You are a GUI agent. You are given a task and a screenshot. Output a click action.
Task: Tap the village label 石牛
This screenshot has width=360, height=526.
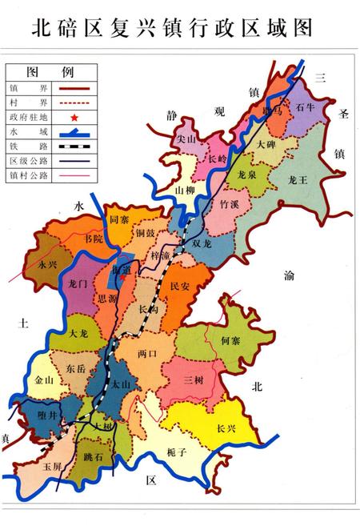click(306, 106)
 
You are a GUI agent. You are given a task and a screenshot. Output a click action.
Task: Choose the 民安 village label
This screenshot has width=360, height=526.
click(180, 285)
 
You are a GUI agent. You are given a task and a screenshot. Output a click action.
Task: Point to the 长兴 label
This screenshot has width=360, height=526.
click(226, 428)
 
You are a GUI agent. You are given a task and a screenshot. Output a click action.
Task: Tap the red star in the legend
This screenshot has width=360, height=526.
click(73, 117)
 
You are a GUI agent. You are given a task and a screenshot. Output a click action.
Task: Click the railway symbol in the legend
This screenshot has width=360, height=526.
click(73, 147)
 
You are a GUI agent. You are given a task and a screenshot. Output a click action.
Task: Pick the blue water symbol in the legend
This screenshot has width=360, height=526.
click(73, 132)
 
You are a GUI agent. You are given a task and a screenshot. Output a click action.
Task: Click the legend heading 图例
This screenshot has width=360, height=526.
click(38, 72)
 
